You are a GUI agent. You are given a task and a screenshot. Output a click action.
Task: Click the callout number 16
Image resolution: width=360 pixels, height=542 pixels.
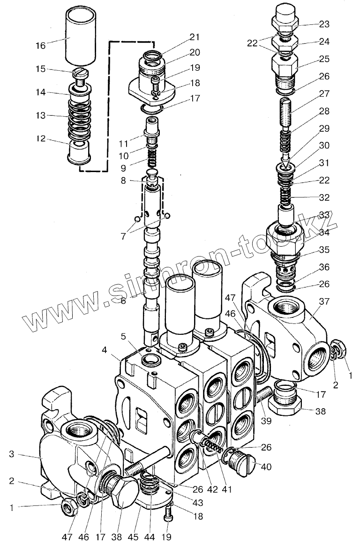click(40, 46)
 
